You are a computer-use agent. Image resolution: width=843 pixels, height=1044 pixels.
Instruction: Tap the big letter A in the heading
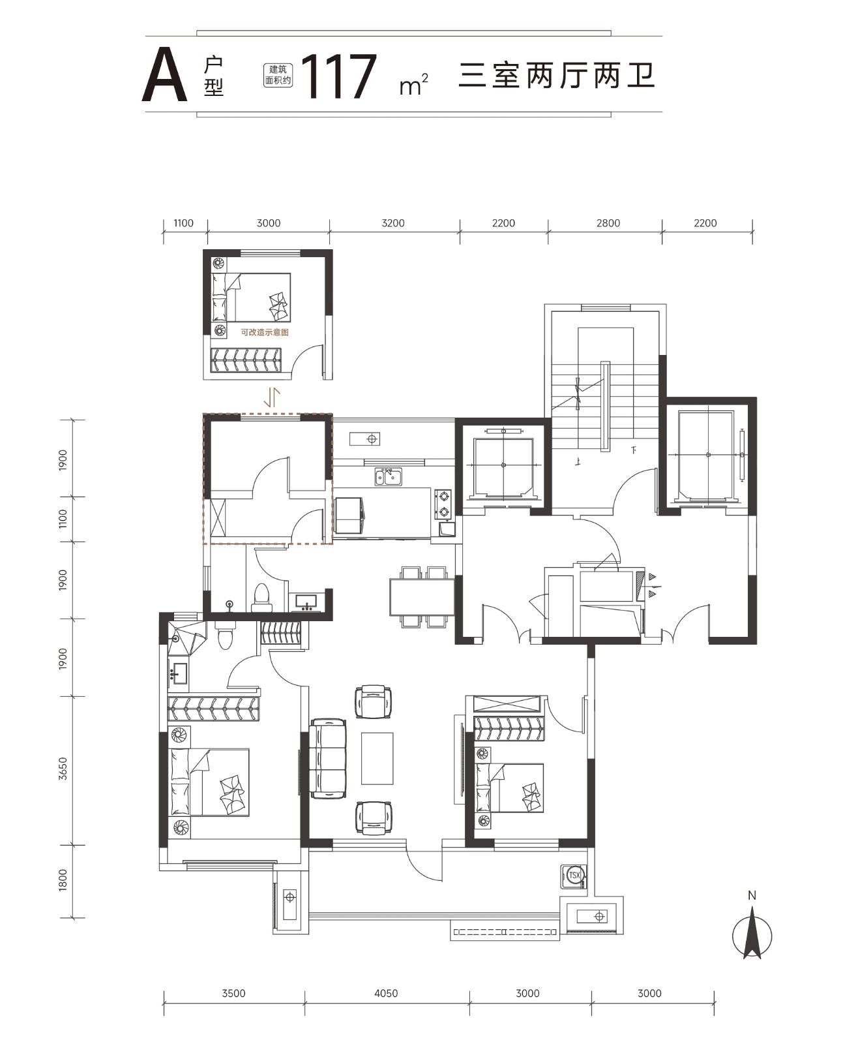point(164,75)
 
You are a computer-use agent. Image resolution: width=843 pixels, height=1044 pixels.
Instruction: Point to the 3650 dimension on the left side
point(63,769)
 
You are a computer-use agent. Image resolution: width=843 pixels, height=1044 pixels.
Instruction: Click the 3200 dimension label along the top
point(393,223)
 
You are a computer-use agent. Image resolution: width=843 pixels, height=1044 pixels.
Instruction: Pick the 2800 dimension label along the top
point(608,223)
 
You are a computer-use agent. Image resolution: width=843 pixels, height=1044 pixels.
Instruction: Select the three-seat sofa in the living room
point(328,758)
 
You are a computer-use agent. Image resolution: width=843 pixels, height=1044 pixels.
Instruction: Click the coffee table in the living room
point(377,758)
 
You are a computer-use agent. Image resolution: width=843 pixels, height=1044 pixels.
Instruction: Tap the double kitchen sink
point(389,477)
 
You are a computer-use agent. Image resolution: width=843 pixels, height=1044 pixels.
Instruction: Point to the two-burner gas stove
point(443,504)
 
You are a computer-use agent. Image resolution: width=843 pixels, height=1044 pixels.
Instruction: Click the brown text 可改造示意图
point(265,332)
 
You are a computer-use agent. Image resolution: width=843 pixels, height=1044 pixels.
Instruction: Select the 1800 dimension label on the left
point(63,880)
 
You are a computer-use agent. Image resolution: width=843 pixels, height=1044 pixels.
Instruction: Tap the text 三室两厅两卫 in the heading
point(556,76)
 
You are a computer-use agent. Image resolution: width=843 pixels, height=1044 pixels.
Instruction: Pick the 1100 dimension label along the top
point(184,223)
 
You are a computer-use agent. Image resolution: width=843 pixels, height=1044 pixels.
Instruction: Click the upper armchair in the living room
point(373,701)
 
